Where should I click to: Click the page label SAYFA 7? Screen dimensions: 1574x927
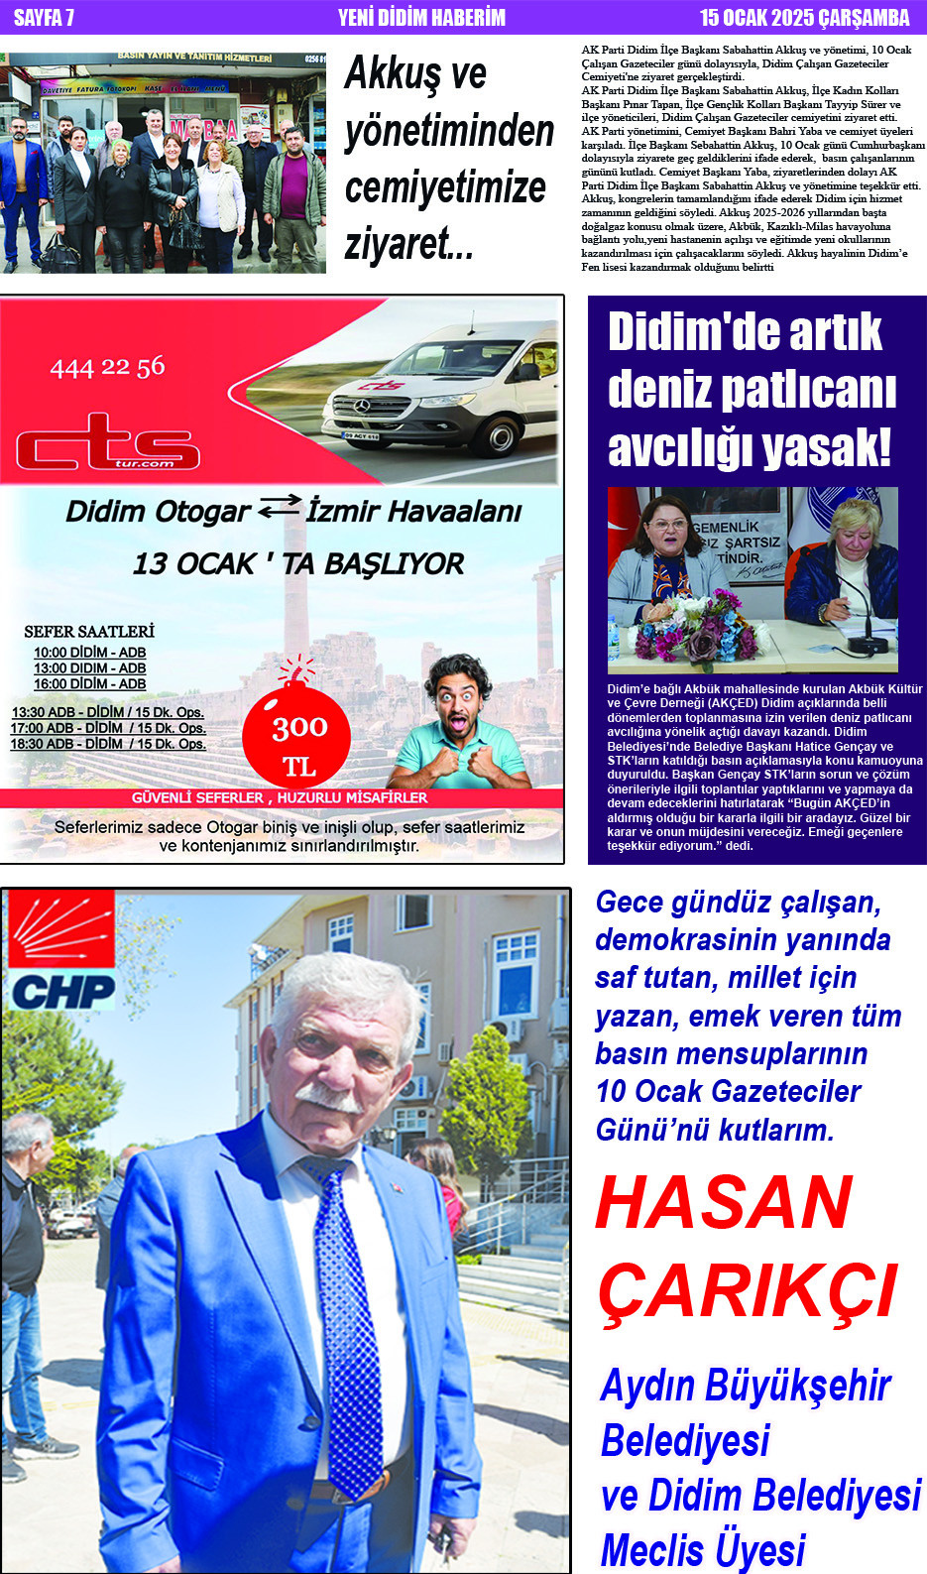[44, 17]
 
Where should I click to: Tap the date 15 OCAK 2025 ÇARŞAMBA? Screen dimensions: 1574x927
[804, 17]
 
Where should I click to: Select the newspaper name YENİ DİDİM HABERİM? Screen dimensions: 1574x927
[421, 17]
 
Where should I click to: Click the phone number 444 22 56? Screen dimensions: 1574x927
[107, 368]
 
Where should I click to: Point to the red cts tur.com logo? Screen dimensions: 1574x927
[107, 442]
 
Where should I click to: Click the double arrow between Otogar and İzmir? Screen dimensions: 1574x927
[279, 508]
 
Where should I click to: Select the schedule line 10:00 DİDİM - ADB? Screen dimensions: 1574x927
[89, 653]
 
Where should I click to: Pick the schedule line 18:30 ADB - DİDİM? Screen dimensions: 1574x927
[107, 744]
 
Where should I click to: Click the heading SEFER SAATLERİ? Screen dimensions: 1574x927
[89, 631]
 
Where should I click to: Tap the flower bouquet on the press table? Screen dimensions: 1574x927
[695, 631]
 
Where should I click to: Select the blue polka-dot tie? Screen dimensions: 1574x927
[347, 1309]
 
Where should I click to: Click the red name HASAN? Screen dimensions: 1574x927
[724, 1202]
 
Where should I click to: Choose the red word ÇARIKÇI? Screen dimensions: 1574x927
[748, 1291]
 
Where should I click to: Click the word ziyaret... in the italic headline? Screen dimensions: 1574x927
[408, 244]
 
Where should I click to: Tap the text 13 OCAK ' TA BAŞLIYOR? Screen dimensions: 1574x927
[297, 563]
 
